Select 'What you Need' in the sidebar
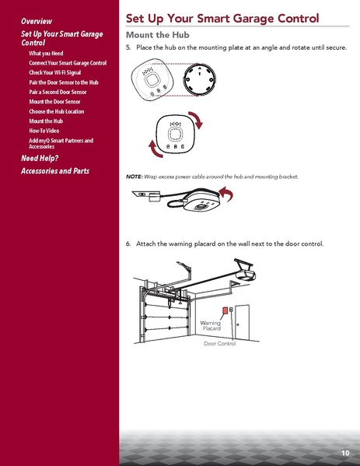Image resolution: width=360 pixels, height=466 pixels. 46,52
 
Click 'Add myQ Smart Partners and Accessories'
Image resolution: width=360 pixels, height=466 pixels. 60,143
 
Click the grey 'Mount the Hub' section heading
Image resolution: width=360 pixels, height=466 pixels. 159,35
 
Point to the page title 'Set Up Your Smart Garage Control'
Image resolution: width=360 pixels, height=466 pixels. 222,18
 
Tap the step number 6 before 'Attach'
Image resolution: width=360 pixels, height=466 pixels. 128,244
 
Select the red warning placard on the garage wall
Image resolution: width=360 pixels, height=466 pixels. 227,310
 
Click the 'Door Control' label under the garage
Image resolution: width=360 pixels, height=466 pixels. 219,343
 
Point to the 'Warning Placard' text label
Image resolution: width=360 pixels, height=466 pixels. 211,325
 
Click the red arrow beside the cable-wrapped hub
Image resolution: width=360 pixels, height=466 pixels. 225,194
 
